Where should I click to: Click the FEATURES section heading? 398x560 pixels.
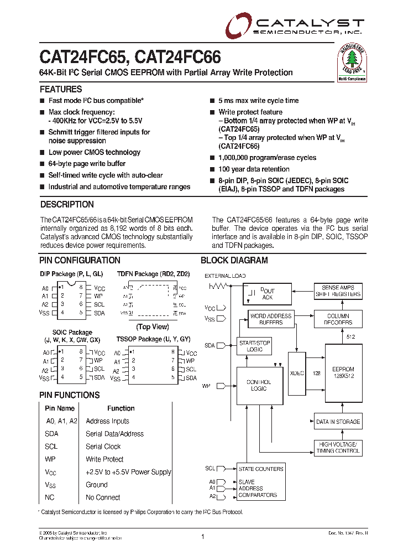(61, 89)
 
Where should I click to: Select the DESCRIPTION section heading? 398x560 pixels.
(67, 204)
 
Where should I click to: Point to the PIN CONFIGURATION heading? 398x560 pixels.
(80, 260)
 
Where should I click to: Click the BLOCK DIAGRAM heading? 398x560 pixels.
(234, 260)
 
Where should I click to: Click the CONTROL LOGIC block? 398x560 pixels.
(258, 385)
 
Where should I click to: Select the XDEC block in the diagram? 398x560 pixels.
(297, 373)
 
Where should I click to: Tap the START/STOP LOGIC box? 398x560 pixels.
(254, 346)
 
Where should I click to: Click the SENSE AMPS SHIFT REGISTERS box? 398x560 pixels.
(338, 291)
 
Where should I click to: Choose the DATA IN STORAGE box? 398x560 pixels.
(338, 422)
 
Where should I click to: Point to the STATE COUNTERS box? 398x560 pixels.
(260, 469)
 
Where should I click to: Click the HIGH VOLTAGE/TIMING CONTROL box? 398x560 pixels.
(338, 447)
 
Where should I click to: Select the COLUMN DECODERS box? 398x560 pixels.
(338, 319)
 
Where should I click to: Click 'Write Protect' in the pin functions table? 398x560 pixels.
(104, 459)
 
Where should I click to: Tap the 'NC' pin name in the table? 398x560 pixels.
(49, 497)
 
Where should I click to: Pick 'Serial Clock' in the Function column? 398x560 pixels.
(103, 447)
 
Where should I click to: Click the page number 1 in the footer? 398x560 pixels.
(203, 537)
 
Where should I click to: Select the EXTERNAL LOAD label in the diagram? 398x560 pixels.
(225, 276)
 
